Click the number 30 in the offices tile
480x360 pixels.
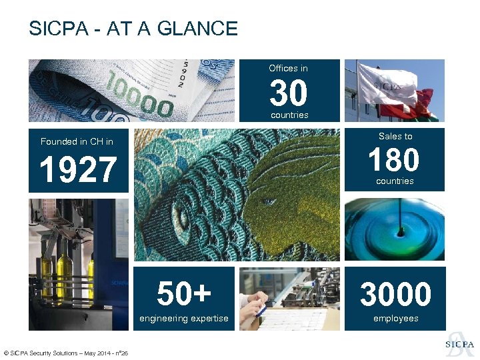[x=289, y=93]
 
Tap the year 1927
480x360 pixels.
[x=78, y=170]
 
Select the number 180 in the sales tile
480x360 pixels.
[x=395, y=159]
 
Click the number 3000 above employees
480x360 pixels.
[x=395, y=295]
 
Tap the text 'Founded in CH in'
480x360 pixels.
[x=77, y=141]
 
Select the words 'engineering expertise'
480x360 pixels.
[x=183, y=319]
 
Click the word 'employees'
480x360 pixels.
[x=395, y=319]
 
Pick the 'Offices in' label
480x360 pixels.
[x=288, y=68]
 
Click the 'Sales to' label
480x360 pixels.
[x=395, y=136]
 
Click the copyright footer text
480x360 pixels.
[x=66, y=353]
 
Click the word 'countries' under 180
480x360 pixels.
[x=395, y=181]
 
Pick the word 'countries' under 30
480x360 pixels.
[x=289, y=115]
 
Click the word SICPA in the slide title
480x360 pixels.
[x=55, y=29]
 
